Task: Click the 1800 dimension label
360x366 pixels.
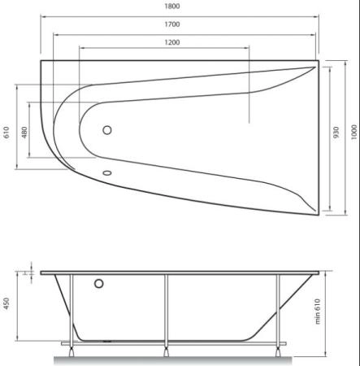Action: (172, 7)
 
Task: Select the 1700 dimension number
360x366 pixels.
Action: (172, 24)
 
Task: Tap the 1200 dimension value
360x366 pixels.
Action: (172, 42)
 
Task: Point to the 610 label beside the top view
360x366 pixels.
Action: (7, 133)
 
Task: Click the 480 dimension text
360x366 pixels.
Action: (24, 133)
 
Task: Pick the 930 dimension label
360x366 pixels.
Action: (336, 133)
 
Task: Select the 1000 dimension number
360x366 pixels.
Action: (353, 133)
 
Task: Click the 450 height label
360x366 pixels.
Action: (7, 303)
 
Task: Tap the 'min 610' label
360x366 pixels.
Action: (318, 312)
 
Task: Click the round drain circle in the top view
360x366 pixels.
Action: (107, 130)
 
